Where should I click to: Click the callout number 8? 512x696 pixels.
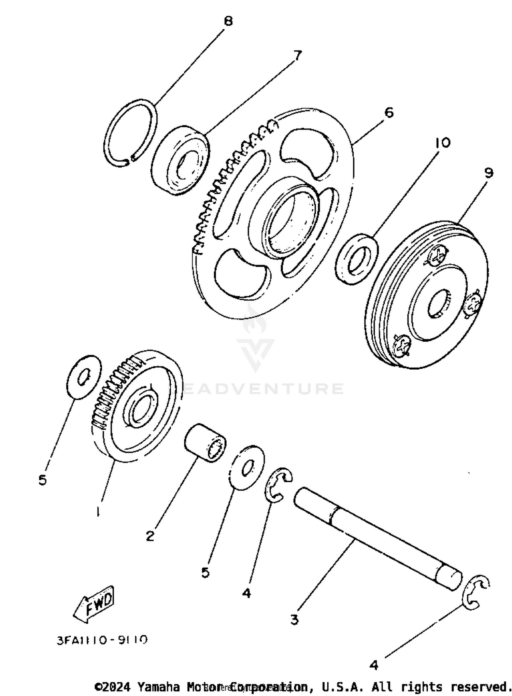point(228,21)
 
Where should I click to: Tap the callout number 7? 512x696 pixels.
point(297,55)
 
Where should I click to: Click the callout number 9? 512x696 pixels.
point(488,173)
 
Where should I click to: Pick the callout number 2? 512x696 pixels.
point(150,536)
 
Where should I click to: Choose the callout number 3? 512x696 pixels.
point(294,619)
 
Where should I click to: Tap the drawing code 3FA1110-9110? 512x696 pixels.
point(102,640)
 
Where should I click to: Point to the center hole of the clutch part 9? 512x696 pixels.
point(439,302)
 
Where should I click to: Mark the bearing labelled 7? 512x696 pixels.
point(180,160)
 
